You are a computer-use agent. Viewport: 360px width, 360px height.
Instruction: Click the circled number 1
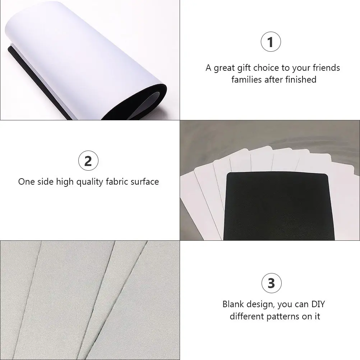click(271, 42)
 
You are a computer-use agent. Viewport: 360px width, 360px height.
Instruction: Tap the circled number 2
click(88, 161)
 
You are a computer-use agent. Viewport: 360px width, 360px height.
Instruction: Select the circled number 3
click(272, 283)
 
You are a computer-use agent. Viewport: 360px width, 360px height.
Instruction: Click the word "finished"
click(301, 79)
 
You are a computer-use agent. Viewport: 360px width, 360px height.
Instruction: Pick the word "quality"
click(89, 182)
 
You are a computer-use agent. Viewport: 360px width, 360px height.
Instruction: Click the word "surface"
click(145, 181)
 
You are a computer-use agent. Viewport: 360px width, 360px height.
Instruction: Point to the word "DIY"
click(318, 304)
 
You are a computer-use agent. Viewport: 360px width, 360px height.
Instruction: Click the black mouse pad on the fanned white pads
click(278, 207)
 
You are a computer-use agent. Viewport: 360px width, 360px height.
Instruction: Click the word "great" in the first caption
click(224, 68)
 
